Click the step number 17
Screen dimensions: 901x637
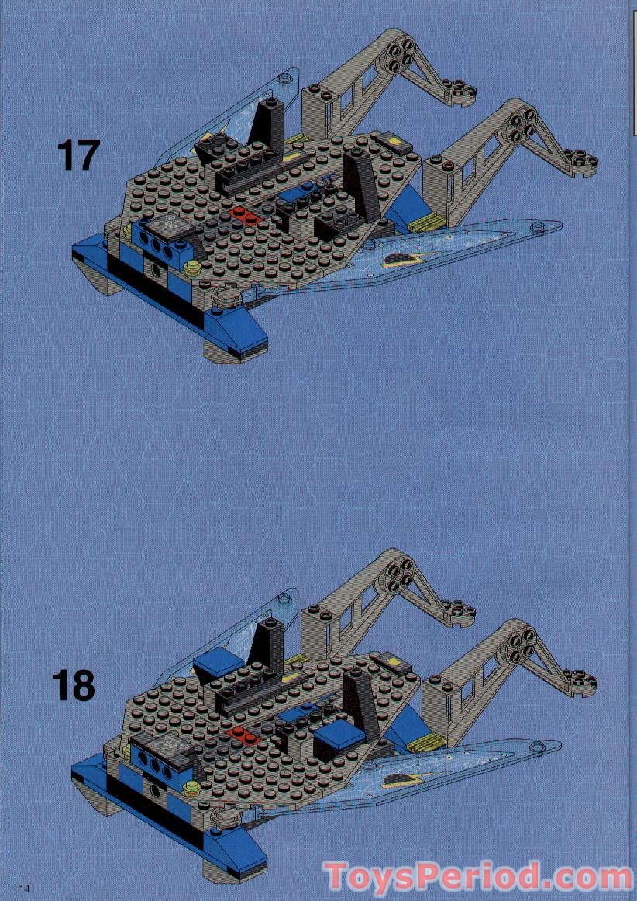78,155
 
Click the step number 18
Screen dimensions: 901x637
74,686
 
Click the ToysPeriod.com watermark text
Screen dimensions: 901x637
479,877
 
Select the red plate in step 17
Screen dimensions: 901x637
243,214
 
